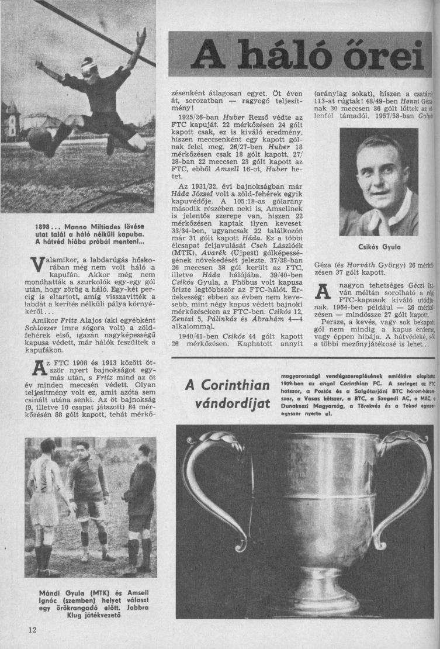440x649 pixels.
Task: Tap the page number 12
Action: (31, 629)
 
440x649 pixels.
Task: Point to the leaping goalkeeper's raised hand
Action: (140, 36)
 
